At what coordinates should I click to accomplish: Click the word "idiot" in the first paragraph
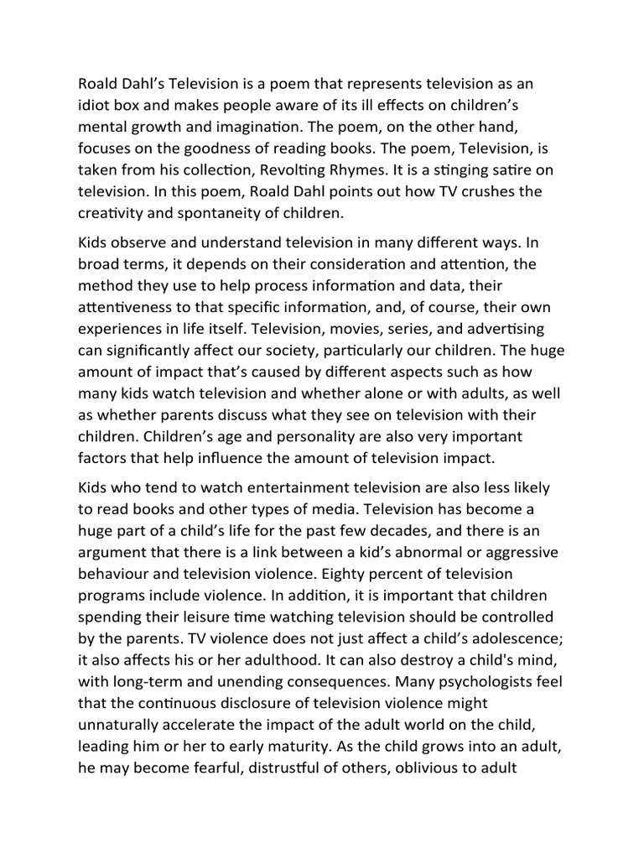(95, 106)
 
